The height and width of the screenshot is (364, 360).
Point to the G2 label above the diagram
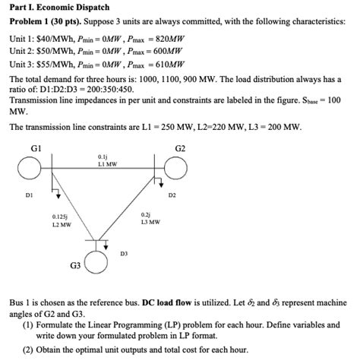[x=180, y=145]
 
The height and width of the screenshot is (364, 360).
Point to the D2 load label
[x=172, y=195]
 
